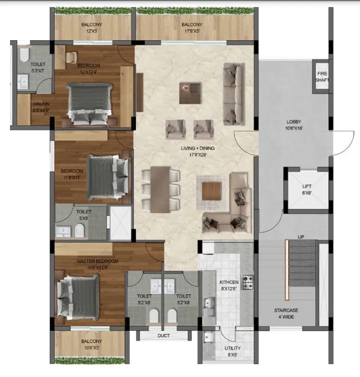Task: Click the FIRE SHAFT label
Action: click(x=321, y=76)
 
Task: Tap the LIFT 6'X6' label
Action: click(x=306, y=190)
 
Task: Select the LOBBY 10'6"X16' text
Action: click(x=294, y=124)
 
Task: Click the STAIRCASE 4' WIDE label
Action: click(x=287, y=313)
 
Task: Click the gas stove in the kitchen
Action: click(x=248, y=282)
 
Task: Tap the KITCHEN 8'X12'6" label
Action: click(x=228, y=286)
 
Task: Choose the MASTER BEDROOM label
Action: click(x=97, y=264)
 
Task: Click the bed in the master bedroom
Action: click(x=78, y=295)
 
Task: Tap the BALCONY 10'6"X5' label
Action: click(x=89, y=344)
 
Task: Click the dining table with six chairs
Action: click(x=161, y=189)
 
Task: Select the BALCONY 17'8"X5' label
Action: click(x=192, y=27)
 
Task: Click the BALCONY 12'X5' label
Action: click(x=92, y=27)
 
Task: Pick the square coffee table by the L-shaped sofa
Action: click(x=212, y=191)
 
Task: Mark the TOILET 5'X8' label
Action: click(x=84, y=215)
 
